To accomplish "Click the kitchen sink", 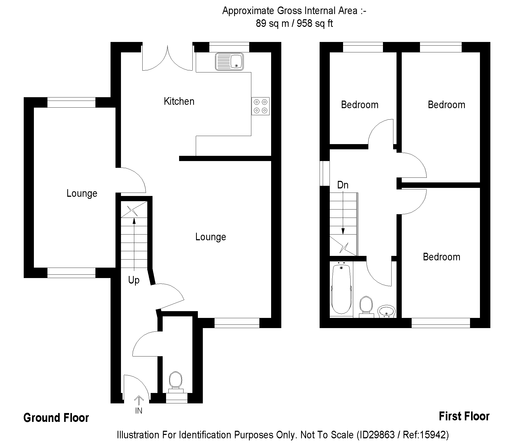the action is [x=229, y=62].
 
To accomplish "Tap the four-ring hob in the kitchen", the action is [x=260, y=106].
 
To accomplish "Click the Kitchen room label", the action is [x=179, y=101].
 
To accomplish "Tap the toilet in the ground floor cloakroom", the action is [x=175, y=380].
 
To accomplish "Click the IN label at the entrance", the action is [x=139, y=411].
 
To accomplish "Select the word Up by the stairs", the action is [x=134, y=280].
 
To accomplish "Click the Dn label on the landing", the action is [x=343, y=185].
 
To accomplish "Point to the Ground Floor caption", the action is [x=56, y=418].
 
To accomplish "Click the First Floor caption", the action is [x=464, y=416].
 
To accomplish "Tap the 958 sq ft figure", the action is [x=315, y=23].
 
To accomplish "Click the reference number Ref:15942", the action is [x=425, y=435].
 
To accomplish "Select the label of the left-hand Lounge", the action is [x=82, y=193].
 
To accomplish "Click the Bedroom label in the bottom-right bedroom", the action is [x=441, y=257].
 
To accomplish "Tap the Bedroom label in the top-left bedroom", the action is [x=359, y=105].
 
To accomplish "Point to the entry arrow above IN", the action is [x=139, y=400].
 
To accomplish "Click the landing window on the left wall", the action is [x=325, y=173].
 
